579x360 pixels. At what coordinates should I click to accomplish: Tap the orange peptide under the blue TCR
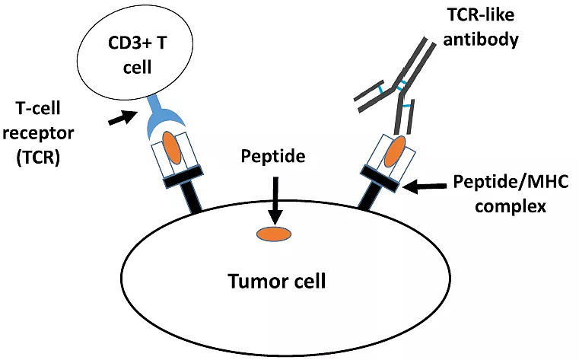click(172, 147)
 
